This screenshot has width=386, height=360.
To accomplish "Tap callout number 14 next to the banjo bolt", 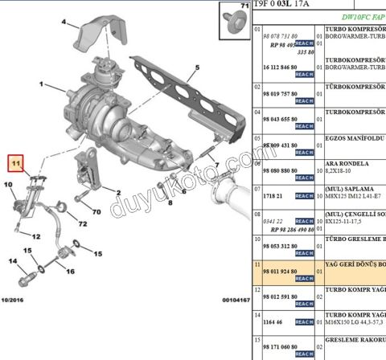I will tap(13, 261).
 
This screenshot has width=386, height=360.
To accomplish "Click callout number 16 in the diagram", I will tap(70, 271).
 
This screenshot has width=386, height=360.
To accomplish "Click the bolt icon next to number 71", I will tap(239, 26).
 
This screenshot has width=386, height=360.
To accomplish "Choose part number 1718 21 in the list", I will tap(275, 194).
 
